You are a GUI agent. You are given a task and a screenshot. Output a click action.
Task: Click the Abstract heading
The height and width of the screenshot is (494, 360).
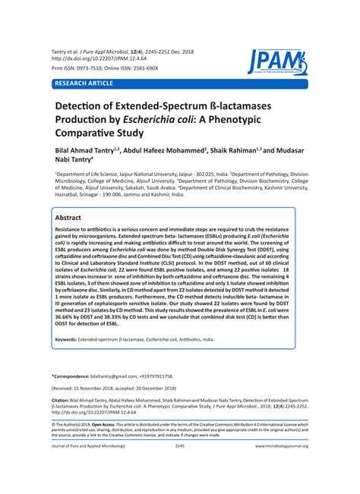[x=73, y=217]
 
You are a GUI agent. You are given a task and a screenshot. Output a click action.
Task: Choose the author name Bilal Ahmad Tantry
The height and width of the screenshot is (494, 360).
[x=86, y=162]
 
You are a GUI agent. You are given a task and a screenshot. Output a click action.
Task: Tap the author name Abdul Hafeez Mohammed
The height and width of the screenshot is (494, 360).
[x=163, y=162]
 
